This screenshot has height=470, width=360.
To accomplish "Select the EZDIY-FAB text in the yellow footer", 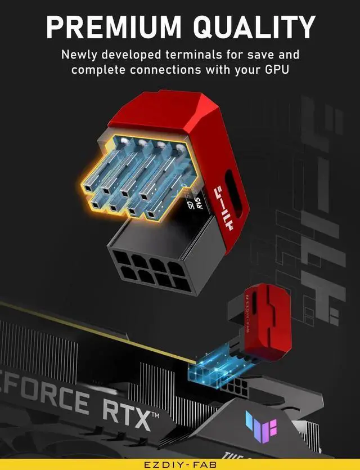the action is (180, 464).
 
